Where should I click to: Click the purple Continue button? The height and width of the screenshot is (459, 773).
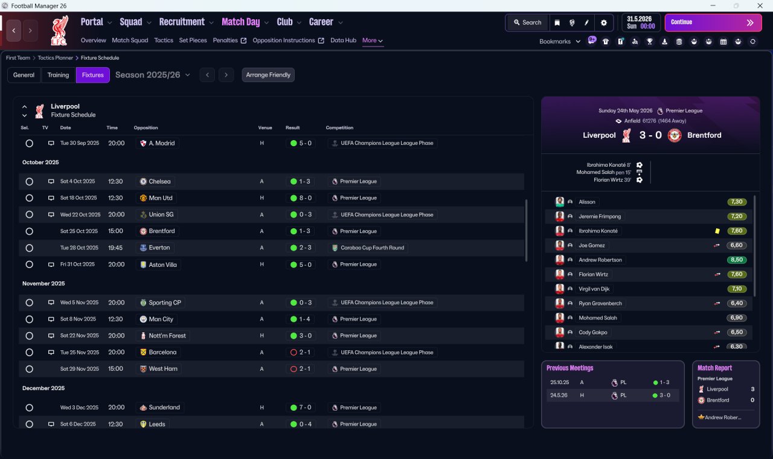coord(713,22)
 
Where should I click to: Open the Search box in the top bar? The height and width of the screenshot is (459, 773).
coord(528,22)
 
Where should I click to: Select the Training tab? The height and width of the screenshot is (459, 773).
coord(58,75)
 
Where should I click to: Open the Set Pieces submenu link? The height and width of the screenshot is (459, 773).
coord(193,40)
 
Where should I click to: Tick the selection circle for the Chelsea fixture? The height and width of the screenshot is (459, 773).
coord(30,182)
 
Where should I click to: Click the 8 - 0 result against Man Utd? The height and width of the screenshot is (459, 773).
coord(301,198)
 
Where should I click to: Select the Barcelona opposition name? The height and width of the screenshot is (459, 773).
coord(162,352)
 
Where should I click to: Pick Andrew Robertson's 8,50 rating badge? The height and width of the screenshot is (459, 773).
coord(737,260)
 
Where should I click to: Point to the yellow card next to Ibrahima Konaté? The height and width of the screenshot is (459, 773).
coord(717,231)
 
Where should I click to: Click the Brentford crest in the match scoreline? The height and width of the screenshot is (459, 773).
coord(675,135)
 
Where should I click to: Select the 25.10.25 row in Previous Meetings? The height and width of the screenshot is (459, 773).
coord(612,382)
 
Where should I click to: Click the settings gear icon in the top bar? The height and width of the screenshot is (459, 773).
coord(603,23)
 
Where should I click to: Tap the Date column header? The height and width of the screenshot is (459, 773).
coord(66,127)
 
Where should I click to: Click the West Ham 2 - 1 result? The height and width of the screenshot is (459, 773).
coord(301,369)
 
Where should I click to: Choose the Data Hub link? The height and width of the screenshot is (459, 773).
coord(344,40)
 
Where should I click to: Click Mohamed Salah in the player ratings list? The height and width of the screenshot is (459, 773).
coord(598,318)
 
